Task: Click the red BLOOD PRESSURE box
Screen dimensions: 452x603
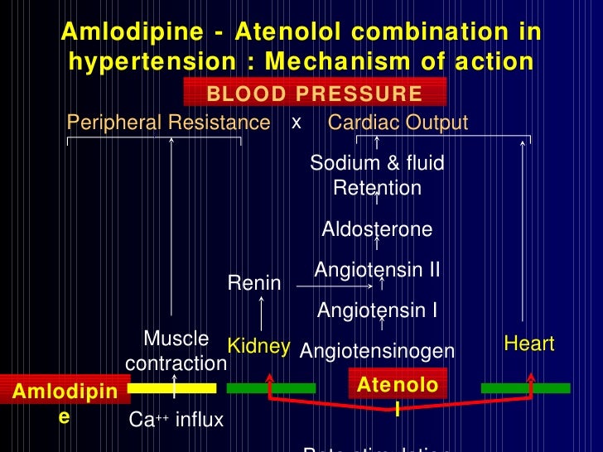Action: (315, 93)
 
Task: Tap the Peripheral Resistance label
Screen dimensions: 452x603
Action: (168, 123)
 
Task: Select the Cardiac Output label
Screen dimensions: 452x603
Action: (398, 123)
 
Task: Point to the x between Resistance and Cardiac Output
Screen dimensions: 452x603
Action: (296, 123)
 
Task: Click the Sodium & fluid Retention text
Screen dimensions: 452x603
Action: (377, 176)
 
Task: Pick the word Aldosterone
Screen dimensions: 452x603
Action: (377, 229)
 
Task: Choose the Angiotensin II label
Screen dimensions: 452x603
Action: (377, 270)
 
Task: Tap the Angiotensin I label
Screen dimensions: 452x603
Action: (377, 310)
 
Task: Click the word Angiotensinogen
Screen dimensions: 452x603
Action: (377, 352)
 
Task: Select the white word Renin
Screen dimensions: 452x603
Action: (254, 284)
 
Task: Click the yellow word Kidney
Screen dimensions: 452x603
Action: (258, 346)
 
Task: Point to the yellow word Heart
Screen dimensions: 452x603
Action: (528, 344)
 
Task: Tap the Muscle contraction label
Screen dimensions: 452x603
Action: (176, 351)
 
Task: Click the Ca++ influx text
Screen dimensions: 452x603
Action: (176, 421)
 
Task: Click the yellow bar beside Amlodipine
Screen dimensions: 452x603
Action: (171, 387)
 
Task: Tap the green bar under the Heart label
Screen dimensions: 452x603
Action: (525, 387)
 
